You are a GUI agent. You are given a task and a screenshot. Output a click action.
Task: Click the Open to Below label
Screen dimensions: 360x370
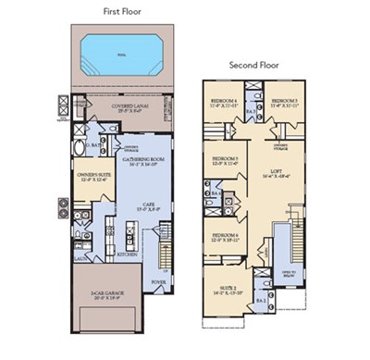(288, 276)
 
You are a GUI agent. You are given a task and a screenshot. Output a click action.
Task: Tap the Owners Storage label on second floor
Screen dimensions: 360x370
(282, 144)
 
